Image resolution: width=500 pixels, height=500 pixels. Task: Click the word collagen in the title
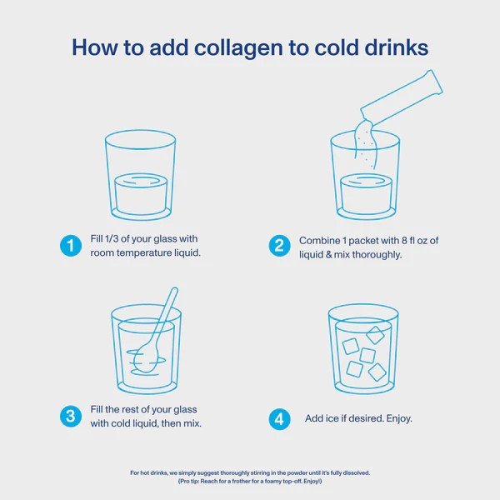(239, 48)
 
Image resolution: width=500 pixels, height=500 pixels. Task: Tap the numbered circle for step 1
(71, 246)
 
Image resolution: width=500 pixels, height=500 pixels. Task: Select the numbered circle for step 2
(279, 246)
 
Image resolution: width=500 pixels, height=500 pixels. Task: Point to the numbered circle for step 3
(71, 416)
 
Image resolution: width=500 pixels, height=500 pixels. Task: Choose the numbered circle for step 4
(279, 419)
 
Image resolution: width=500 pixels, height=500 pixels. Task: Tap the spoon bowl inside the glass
(145, 357)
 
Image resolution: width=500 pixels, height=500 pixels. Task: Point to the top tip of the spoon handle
(174, 289)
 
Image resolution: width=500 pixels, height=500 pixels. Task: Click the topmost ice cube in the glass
(375, 334)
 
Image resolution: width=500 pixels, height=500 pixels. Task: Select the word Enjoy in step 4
(399, 418)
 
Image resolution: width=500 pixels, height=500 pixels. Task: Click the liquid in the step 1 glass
(141, 194)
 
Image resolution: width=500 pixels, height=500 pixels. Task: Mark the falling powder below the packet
(366, 142)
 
